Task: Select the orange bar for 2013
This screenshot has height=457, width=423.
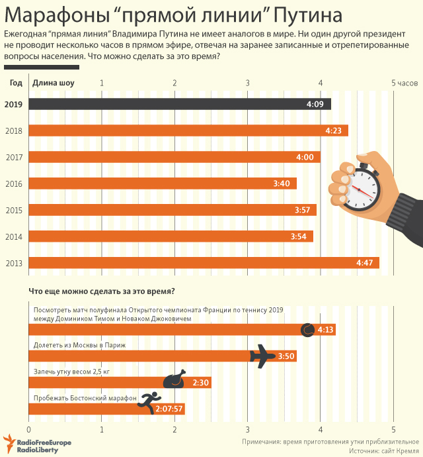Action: (x=198, y=263)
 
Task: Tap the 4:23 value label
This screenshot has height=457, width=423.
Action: (x=332, y=130)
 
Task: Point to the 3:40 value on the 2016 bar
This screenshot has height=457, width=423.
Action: (x=282, y=183)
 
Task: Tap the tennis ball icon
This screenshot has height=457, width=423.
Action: (x=307, y=329)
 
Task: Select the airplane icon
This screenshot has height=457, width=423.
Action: (x=262, y=356)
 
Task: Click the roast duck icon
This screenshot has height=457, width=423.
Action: (x=175, y=380)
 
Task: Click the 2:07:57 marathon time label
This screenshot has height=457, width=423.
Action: (x=169, y=409)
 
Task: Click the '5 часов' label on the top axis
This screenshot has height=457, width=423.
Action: (x=404, y=83)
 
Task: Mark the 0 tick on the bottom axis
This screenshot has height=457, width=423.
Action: (x=28, y=429)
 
